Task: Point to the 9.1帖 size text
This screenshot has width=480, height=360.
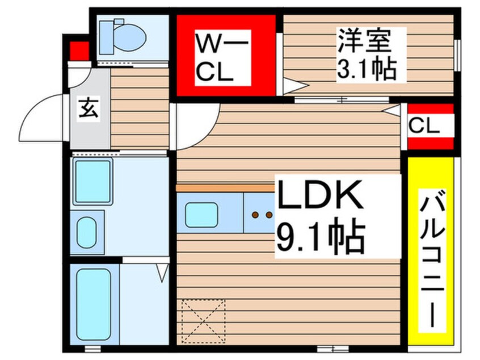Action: coord(320,237)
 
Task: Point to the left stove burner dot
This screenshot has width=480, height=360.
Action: coord(256,215)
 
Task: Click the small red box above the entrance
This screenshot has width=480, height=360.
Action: coord(79,50)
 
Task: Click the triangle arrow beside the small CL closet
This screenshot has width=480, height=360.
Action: coord(392,110)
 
